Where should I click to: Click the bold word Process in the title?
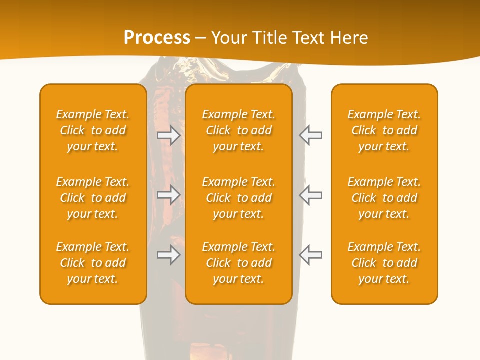157,38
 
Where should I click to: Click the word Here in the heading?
349,38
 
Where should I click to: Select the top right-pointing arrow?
169,135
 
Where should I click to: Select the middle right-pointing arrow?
169,195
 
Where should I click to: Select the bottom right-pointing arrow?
169,255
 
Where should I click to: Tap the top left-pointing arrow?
310,135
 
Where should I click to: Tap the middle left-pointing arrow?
310,195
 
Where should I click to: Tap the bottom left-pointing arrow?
310,255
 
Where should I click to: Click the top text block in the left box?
93,130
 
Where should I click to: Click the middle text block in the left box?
93,198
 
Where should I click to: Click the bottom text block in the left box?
93,263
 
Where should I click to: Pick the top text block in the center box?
238,130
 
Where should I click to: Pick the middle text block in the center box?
238,198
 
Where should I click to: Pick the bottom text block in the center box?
238,263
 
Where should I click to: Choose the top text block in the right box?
384,130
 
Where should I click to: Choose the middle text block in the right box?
384,198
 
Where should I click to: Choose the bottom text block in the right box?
384,263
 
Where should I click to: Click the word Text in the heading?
309,38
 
